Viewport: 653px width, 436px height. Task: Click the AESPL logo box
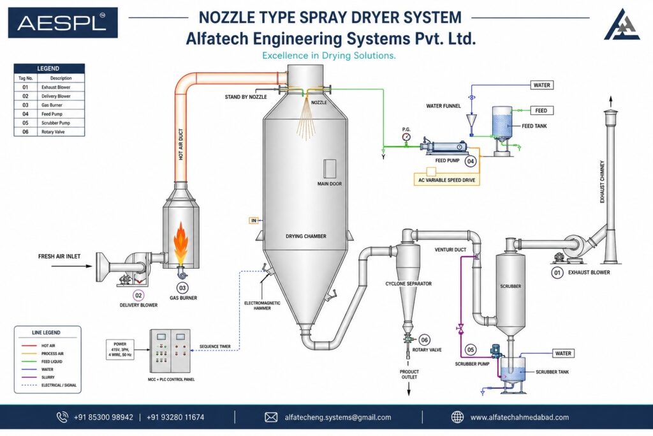tap(63, 22)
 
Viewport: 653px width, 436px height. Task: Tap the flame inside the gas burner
tap(181, 243)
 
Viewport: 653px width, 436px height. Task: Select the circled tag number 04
tap(470, 161)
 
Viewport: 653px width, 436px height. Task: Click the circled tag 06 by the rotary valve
tap(424, 340)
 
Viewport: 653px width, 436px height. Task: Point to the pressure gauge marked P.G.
tap(406, 137)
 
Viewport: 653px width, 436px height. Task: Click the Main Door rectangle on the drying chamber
tap(330, 169)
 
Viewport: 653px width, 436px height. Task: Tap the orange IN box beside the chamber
tap(254, 220)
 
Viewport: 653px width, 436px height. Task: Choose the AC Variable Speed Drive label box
tap(446, 180)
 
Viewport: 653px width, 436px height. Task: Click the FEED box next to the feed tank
tap(541, 110)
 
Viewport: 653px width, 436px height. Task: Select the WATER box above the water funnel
tap(541, 85)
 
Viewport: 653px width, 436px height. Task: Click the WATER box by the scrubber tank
tap(563, 354)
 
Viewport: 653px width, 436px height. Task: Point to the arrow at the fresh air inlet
tap(71, 266)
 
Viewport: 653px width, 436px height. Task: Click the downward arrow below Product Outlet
tap(409, 389)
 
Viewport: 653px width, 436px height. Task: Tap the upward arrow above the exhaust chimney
tap(611, 101)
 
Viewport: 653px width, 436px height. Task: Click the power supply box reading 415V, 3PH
tap(120, 350)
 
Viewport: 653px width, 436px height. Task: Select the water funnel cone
tap(471, 121)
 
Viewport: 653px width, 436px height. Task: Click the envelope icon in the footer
tap(271, 417)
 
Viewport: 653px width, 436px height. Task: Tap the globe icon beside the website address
tap(457, 417)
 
